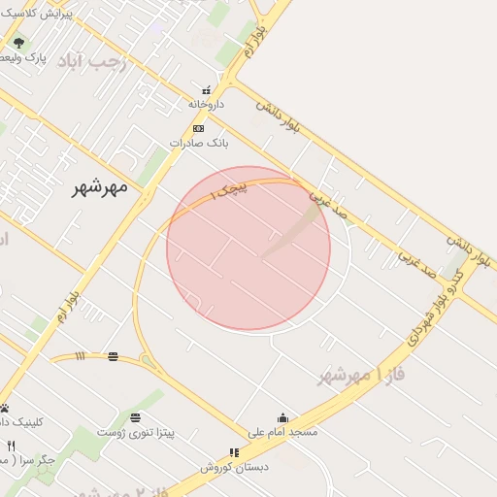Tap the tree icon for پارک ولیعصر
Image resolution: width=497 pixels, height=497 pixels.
point(17,43)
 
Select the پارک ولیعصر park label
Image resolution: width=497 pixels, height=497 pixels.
point(22,58)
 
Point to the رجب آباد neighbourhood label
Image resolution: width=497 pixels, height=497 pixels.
point(92,62)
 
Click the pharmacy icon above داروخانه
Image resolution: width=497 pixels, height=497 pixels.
point(205,90)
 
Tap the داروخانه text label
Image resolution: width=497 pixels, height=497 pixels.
point(206,103)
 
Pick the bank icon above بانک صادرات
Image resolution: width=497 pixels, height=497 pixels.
point(198,128)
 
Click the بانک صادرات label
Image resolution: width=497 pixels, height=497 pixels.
point(198,142)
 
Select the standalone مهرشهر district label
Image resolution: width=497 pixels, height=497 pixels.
point(101,187)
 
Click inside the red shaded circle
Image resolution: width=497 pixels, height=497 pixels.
point(248,248)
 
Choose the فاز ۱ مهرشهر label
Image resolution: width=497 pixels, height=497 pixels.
point(361,375)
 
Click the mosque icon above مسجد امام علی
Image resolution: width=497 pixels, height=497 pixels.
point(282,417)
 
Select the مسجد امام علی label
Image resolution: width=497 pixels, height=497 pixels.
point(282,431)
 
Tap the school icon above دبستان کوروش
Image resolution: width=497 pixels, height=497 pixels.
point(234,452)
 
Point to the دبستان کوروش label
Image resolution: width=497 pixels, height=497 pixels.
point(233,467)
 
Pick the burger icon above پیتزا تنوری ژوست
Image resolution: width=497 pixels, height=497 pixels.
point(134,417)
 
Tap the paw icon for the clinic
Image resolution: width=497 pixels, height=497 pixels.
point(4,409)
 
